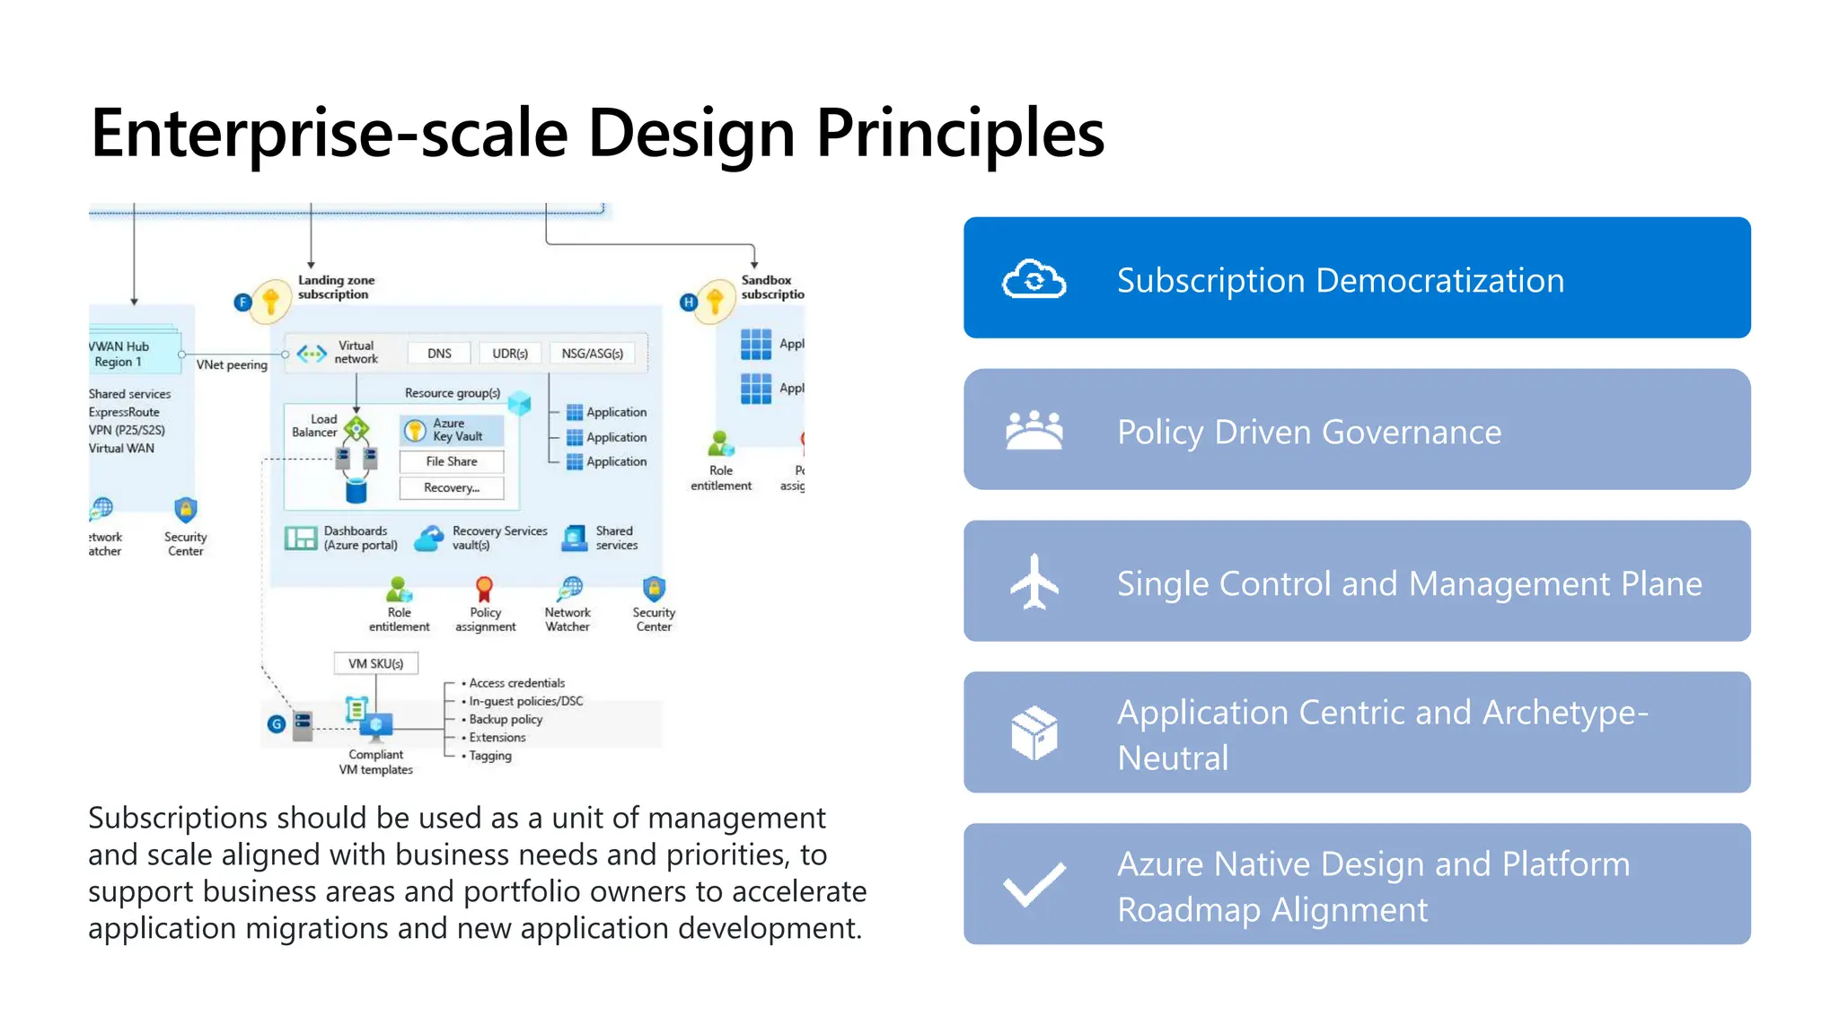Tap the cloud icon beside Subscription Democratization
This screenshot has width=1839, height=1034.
(1034, 279)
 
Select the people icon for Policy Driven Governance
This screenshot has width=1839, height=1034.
(1034, 430)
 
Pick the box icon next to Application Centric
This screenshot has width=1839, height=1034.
(1034, 732)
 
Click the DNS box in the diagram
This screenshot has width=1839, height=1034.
(439, 354)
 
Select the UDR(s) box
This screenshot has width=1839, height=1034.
(509, 354)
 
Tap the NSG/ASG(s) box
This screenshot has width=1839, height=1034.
(592, 354)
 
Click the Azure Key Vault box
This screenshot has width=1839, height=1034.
(453, 430)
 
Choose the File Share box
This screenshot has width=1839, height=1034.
(452, 461)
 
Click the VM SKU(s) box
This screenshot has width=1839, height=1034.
(375, 663)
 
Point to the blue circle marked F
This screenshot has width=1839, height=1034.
(242, 302)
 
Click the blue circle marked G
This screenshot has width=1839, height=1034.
(277, 723)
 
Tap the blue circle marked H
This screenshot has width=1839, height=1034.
(689, 302)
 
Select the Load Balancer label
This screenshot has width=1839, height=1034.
(315, 425)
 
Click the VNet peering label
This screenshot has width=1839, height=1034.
(232, 364)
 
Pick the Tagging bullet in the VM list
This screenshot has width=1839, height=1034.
(489, 756)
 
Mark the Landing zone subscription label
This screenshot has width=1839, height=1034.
(336, 287)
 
